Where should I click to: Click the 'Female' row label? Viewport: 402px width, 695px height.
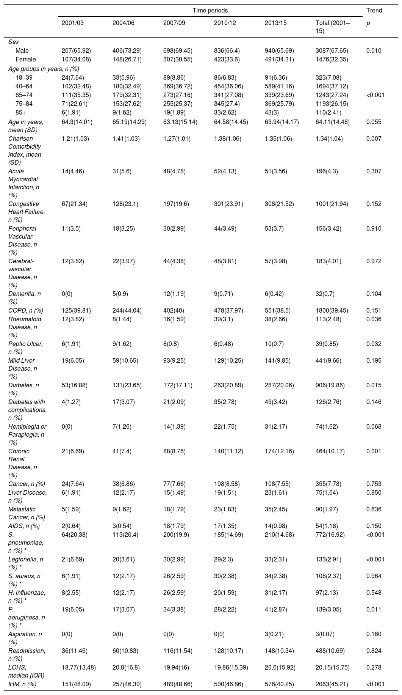point(26,59)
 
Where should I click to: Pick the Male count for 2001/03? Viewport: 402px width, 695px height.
point(76,50)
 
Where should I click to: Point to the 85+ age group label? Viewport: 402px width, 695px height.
point(21,112)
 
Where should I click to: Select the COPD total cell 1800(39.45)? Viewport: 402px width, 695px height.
point(330,310)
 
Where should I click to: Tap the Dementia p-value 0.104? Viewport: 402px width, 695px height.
point(374,294)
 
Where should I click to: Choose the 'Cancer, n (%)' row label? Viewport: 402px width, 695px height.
point(27,484)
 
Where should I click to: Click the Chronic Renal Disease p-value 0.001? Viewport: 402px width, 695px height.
point(374,451)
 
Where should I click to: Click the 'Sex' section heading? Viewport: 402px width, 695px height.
point(14,42)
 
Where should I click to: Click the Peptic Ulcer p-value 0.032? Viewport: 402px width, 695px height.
point(374,344)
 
